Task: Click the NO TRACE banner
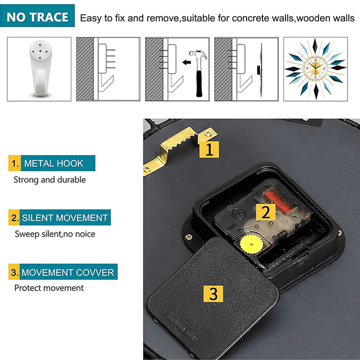(x=37, y=15)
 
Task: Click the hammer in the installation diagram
(x=199, y=73)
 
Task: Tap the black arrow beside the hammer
(x=186, y=62)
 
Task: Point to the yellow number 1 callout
(x=209, y=149)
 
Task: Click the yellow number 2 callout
(x=265, y=212)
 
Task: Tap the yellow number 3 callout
(x=213, y=293)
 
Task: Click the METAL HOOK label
(x=52, y=163)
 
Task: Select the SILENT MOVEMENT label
(x=59, y=217)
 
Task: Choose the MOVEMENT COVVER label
(x=63, y=272)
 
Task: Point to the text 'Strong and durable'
(x=49, y=180)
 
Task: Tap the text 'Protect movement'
(x=49, y=288)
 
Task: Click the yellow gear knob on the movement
(x=251, y=244)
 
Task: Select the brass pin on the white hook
(x=40, y=51)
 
